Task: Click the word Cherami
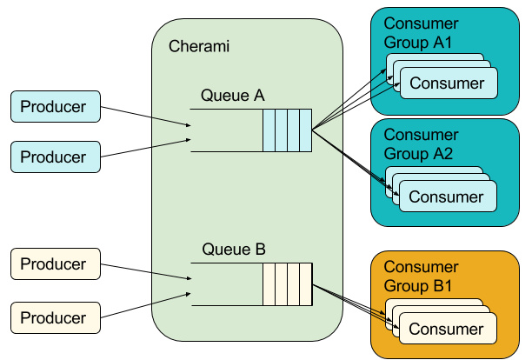pos(198,45)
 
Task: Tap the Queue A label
pos(232,95)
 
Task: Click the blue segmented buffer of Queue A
pos(288,130)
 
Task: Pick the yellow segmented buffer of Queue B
pos(288,284)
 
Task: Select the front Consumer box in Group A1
pos(448,83)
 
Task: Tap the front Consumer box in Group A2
pos(448,197)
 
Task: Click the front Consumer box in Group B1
pos(448,329)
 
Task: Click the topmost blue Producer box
pos(54,108)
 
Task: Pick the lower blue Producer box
pos(54,157)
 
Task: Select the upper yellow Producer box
pos(54,264)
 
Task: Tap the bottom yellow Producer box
pos(54,317)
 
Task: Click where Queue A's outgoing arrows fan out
pos(315,130)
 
